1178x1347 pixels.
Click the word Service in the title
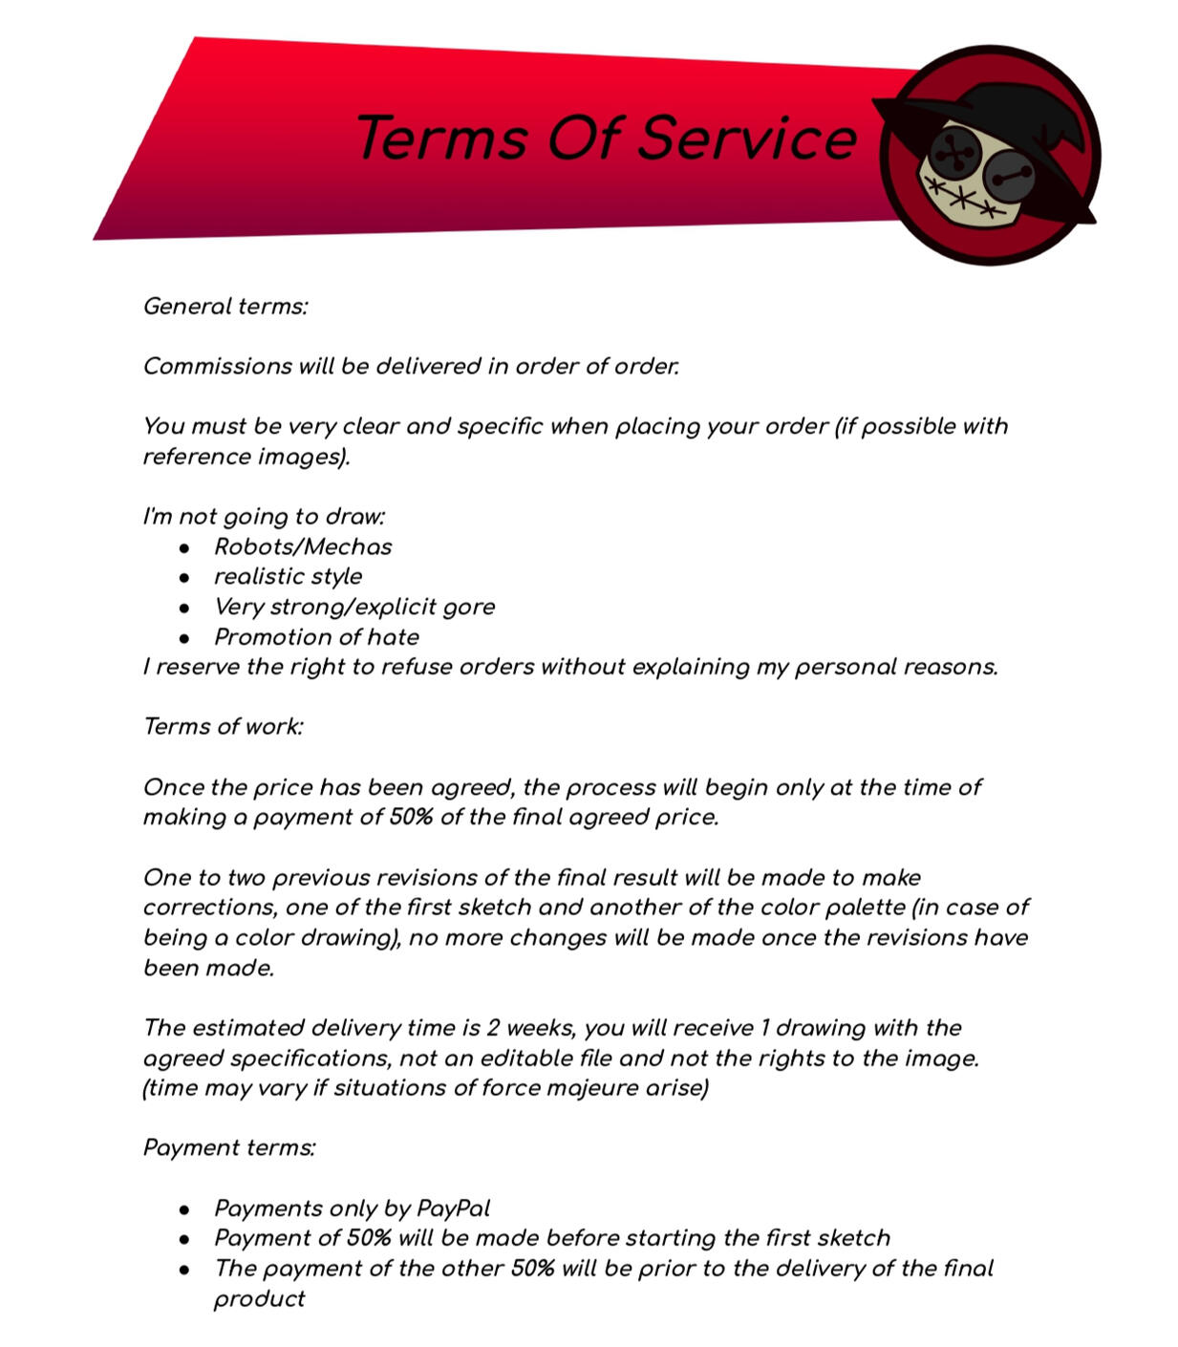746,139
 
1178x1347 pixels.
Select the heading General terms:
225,307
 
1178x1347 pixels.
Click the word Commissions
217,367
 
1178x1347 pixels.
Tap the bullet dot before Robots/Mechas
184,547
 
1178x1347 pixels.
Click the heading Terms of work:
223,727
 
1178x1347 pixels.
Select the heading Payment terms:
229,1148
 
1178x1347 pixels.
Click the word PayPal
453,1208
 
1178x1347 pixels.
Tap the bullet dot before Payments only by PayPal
184,1209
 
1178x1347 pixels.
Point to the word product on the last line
259,1299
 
